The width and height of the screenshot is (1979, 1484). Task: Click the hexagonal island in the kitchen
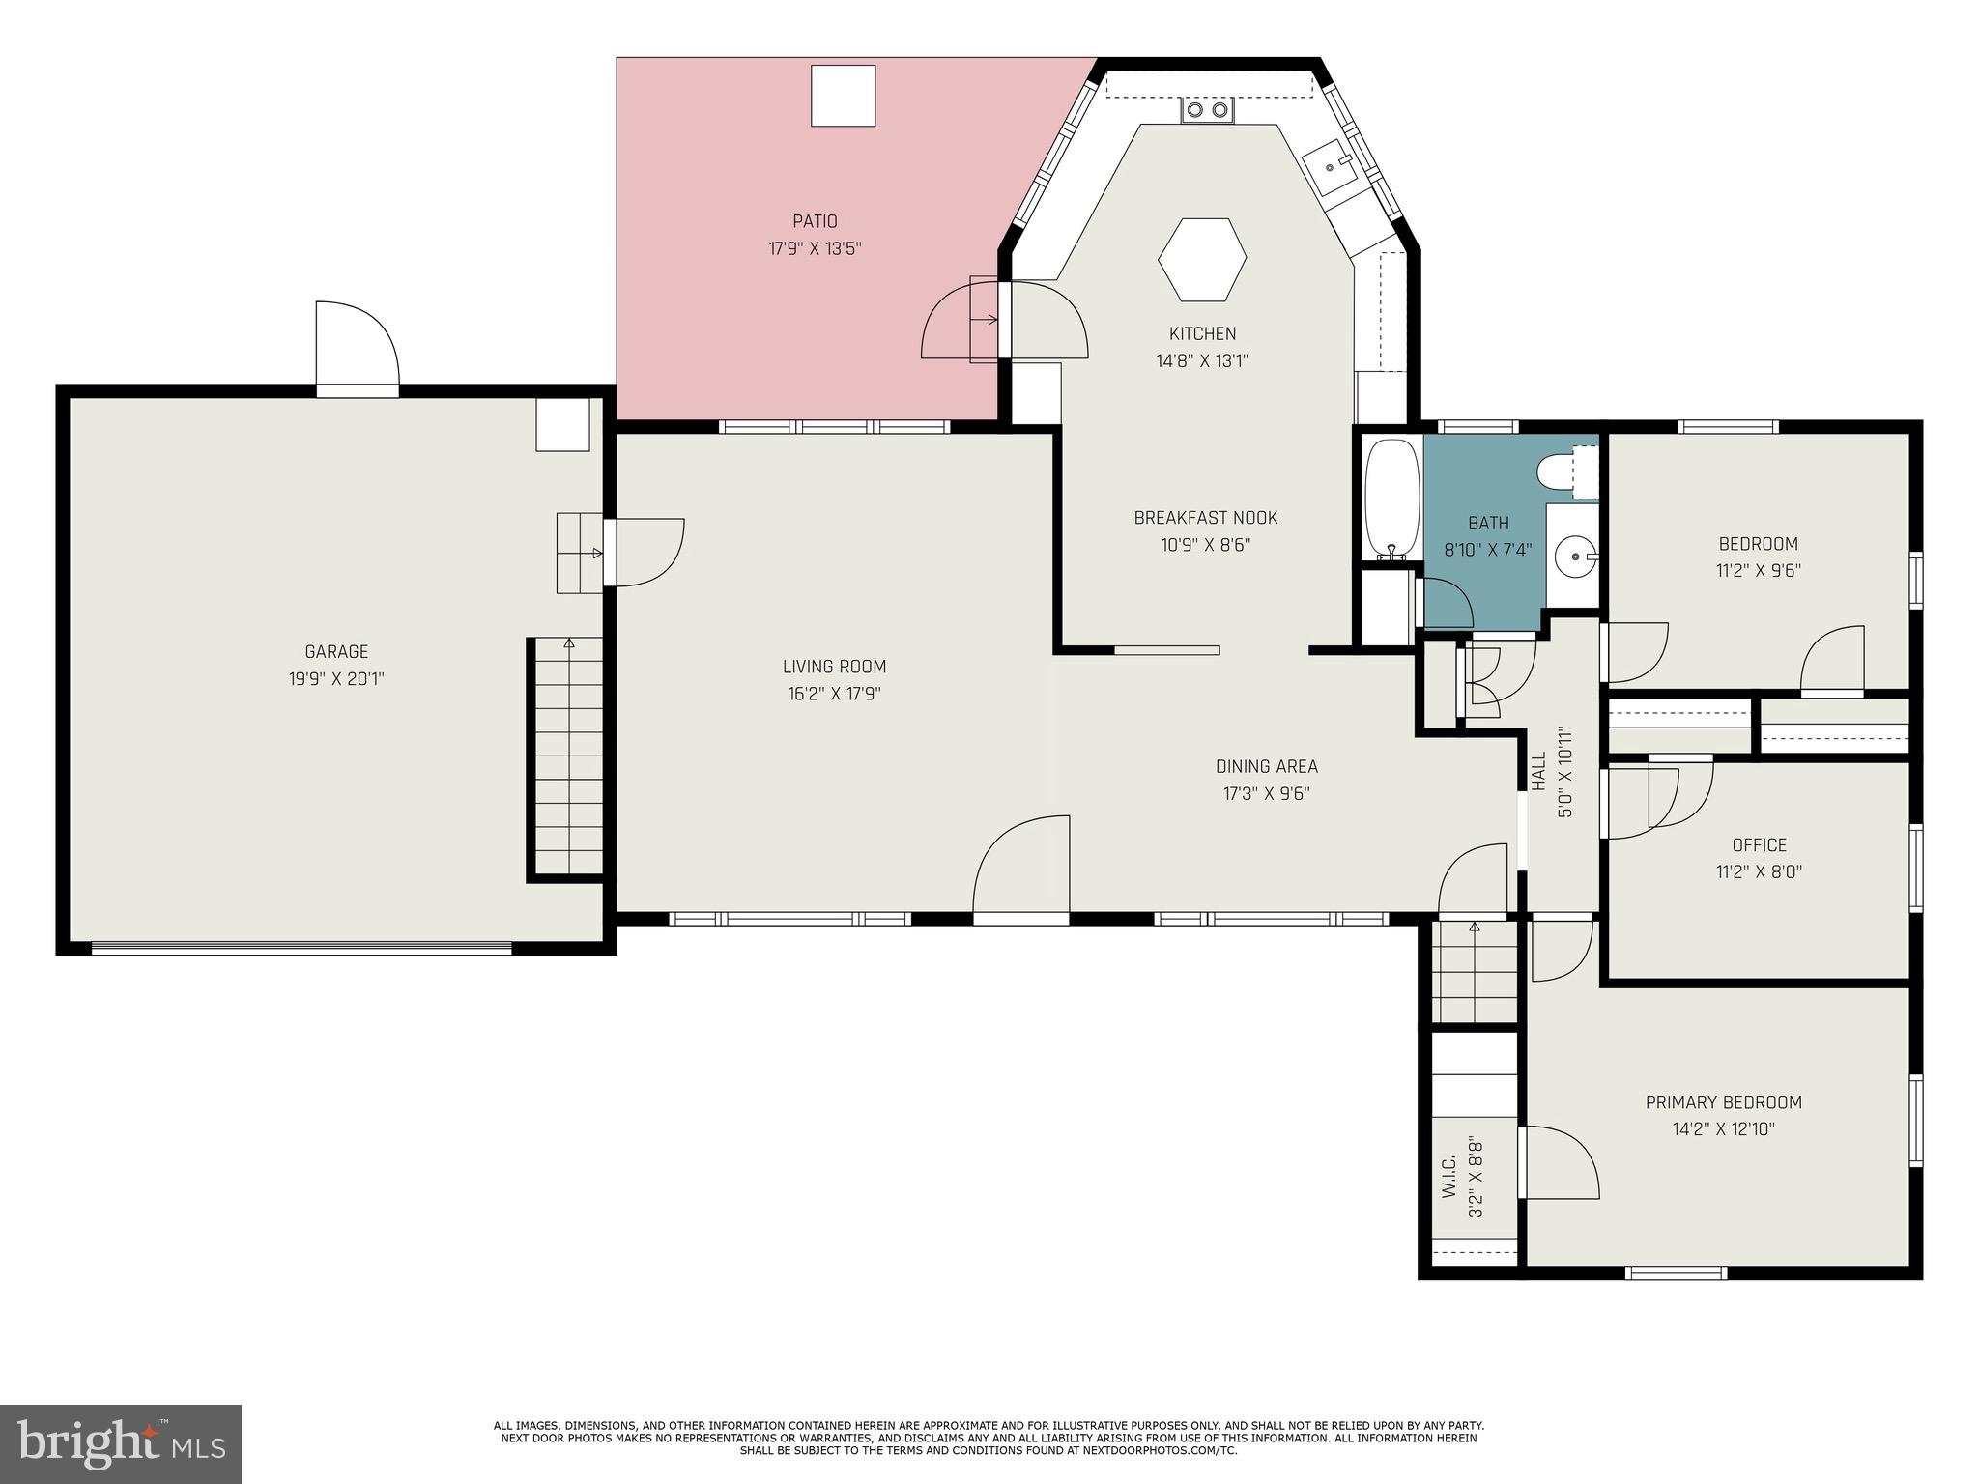[x=1202, y=259]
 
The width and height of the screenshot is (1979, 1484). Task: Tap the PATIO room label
[x=815, y=222]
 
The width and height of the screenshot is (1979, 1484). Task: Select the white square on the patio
[x=843, y=95]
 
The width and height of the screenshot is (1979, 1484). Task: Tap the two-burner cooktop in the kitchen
[x=1208, y=110]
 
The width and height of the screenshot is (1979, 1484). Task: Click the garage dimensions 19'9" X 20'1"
[x=336, y=679]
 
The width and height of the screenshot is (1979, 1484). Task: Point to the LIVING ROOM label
[x=834, y=667]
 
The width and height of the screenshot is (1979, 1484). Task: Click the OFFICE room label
[x=1759, y=845]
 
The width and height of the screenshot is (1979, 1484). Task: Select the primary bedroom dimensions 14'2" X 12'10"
[x=1724, y=1128]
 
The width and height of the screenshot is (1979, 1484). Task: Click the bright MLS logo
[x=120, y=1443]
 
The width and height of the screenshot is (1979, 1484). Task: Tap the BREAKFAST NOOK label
[x=1205, y=518]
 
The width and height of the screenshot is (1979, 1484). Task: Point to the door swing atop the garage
[x=358, y=343]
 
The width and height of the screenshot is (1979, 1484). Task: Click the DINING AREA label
[x=1266, y=767]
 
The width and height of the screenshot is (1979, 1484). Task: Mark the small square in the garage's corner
[x=562, y=425]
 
